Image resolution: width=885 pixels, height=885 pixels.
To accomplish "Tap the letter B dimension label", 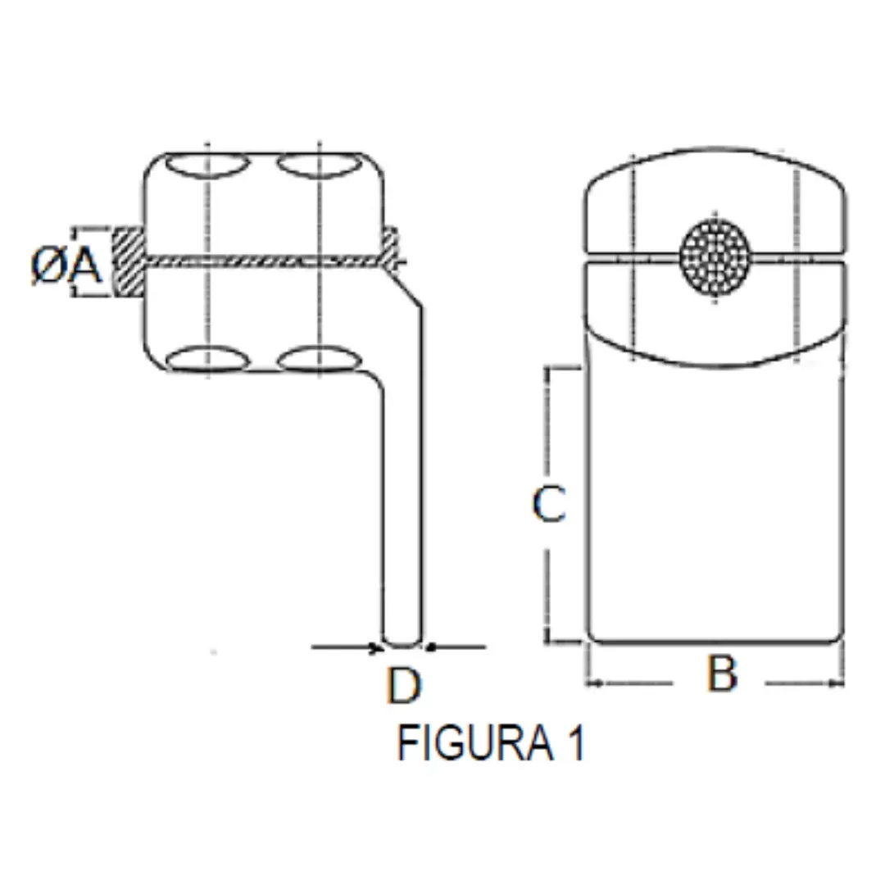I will (x=722, y=674).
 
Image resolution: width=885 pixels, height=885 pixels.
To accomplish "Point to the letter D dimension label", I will (x=403, y=686).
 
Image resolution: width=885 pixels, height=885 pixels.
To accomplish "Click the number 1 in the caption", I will (x=576, y=744).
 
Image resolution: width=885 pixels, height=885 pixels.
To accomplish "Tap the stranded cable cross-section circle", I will (x=715, y=256).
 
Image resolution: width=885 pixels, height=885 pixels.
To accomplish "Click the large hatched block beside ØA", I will (x=128, y=262).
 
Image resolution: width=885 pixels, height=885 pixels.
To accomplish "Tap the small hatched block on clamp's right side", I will (x=392, y=243).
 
